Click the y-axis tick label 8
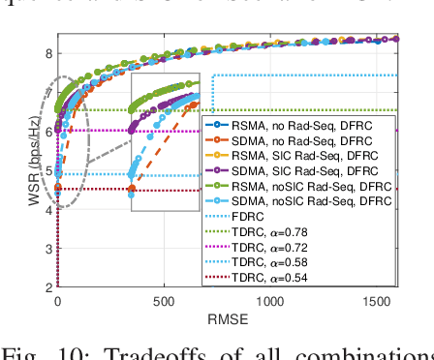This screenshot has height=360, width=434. coord(48,52)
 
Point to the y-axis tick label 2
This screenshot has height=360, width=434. coord(48,287)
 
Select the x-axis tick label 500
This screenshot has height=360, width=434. coord(164,302)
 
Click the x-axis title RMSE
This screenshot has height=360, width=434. coord(228,318)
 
